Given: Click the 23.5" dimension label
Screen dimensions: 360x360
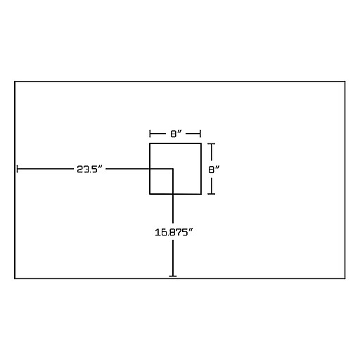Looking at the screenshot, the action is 90,169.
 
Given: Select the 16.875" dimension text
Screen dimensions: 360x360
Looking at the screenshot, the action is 174,232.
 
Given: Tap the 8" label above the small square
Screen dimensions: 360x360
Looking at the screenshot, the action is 176,134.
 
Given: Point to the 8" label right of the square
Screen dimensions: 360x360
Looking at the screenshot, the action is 214,169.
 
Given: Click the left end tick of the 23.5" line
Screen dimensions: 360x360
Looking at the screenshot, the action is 18,169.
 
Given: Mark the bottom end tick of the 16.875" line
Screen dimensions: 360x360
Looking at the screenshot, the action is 173,276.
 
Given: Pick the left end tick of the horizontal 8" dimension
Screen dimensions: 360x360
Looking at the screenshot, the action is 150,134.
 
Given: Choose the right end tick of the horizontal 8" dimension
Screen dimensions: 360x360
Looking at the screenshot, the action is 200,134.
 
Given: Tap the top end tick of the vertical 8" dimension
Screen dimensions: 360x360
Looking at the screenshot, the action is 212,144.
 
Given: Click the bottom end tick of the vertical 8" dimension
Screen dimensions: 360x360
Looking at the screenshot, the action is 212,194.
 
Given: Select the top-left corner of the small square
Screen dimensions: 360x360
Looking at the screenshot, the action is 150,143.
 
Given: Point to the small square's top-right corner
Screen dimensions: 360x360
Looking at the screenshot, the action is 201,143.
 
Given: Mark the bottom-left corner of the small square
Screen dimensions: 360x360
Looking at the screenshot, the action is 150,194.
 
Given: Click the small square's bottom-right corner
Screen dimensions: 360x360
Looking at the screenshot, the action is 201,194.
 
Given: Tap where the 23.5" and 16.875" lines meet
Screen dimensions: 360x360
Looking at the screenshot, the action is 173,169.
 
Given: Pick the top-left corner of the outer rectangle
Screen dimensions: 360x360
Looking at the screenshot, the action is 15,82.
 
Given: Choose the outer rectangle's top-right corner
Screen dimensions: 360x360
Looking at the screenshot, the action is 345,82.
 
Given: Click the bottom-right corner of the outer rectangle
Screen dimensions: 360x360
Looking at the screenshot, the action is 345,278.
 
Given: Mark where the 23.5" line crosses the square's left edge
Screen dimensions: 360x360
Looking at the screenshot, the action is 150,169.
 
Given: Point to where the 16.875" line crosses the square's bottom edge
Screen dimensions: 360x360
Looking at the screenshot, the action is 173,194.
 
